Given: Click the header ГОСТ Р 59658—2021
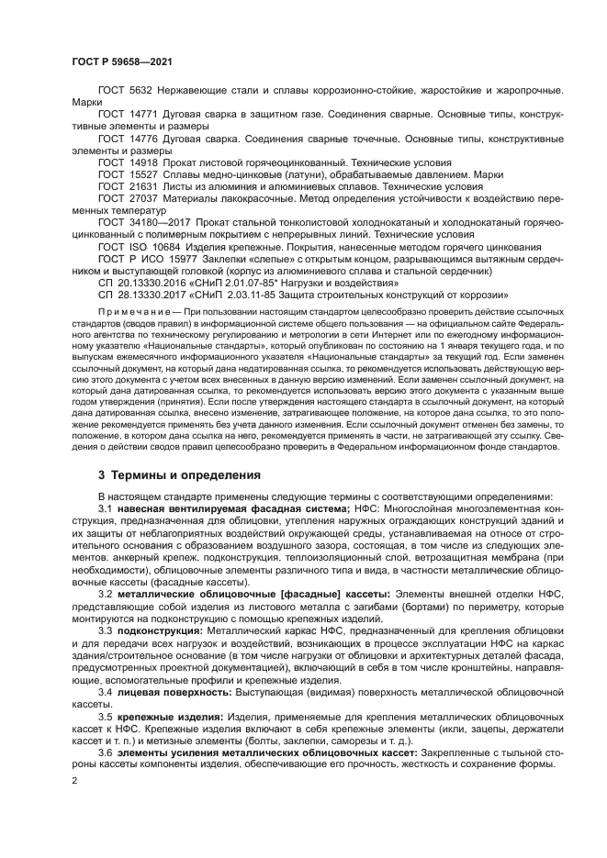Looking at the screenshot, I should coord(122,61).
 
